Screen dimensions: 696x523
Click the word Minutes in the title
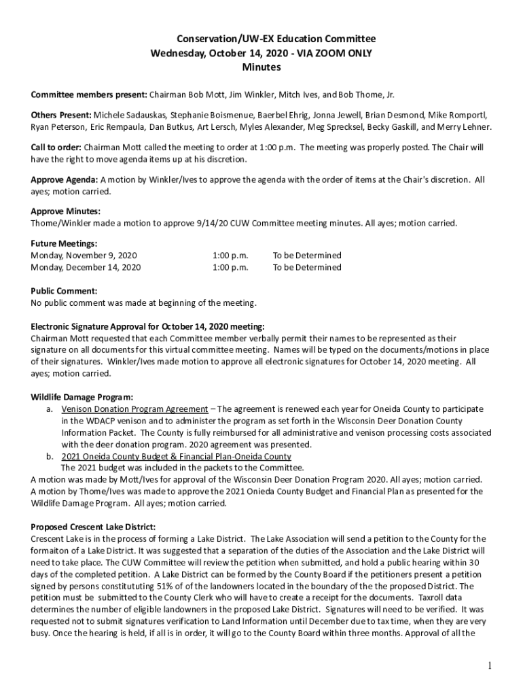[261, 67]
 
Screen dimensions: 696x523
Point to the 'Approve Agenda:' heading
[65, 180]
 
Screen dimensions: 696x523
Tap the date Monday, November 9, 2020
[84, 256]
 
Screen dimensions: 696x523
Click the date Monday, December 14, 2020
[86, 267]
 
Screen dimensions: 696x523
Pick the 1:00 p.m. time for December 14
[230, 267]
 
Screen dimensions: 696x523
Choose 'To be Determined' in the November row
[307, 256]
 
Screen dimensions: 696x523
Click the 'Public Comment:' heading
[64, 291]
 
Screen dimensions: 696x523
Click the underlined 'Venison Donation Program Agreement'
[134, 409]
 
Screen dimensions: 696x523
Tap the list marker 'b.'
[50, 456]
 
